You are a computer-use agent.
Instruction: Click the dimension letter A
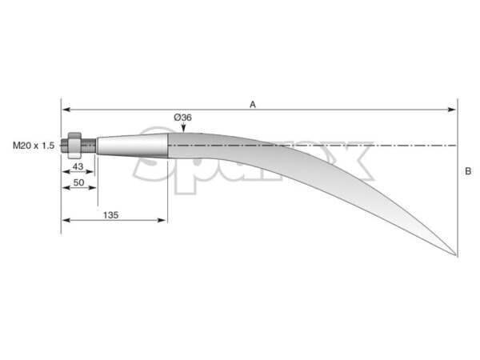253,105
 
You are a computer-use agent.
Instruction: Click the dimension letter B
468,171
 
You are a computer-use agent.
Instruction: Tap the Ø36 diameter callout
182,118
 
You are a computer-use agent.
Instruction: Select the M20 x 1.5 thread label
34,146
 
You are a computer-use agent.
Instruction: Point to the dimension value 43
78,166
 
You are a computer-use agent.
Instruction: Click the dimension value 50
78,182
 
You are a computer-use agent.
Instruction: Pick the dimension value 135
111,215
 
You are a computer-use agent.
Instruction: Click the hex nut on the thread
74,146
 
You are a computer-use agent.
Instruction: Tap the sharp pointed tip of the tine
456,254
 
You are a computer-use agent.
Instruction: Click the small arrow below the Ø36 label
183,127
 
